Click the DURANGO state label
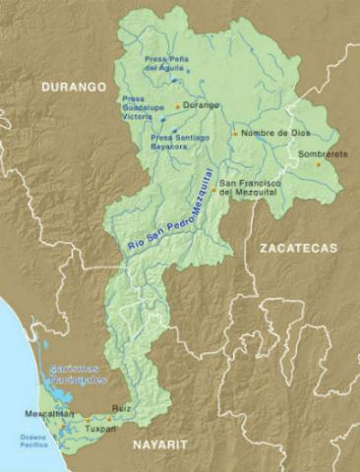click(73, 88)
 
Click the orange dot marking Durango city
click(178, 105)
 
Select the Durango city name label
click(201, 105)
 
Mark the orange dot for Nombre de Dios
click(234, 133)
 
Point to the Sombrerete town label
click(315, 153)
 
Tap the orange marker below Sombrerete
click(318, 164)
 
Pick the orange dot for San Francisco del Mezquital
click(213, 191)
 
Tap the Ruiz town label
click(121, 405)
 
